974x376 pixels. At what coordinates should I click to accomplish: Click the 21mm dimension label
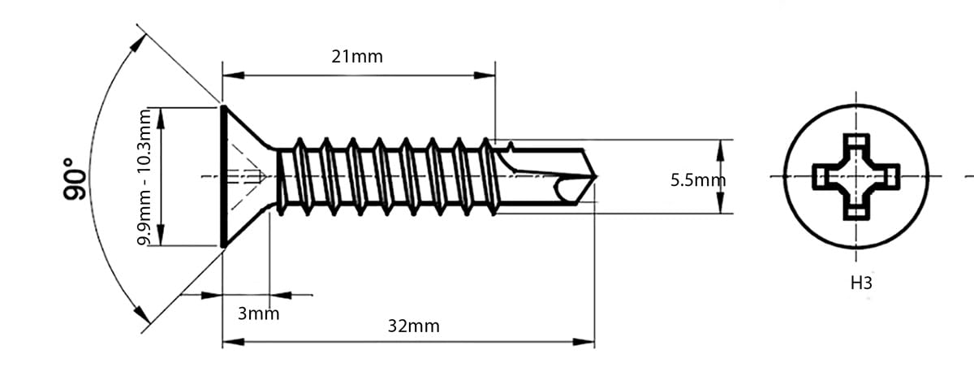[357, 57]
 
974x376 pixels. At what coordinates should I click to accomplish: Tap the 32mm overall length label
[413, 326]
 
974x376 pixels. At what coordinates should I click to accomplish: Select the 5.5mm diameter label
[698, 180]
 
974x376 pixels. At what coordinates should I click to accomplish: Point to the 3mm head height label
[258, 313]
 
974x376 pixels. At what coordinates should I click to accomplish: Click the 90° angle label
[75, 179]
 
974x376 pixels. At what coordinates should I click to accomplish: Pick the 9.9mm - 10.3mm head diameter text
[144, 177]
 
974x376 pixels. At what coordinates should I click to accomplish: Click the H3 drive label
[861, 283]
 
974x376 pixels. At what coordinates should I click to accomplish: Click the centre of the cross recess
[856, 177]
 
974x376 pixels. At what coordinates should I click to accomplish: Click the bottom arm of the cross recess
[856, 209]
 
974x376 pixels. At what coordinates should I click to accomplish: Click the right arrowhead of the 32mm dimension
[584, 342]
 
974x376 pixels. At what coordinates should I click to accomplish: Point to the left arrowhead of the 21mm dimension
[234, 76]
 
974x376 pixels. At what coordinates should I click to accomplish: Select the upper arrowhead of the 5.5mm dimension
[721, 150]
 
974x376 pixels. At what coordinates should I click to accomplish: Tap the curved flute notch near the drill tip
[561, 188]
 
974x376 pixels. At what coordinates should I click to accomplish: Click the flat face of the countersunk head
[223, 177]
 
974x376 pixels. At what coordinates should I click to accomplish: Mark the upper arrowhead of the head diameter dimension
[161, 119]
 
